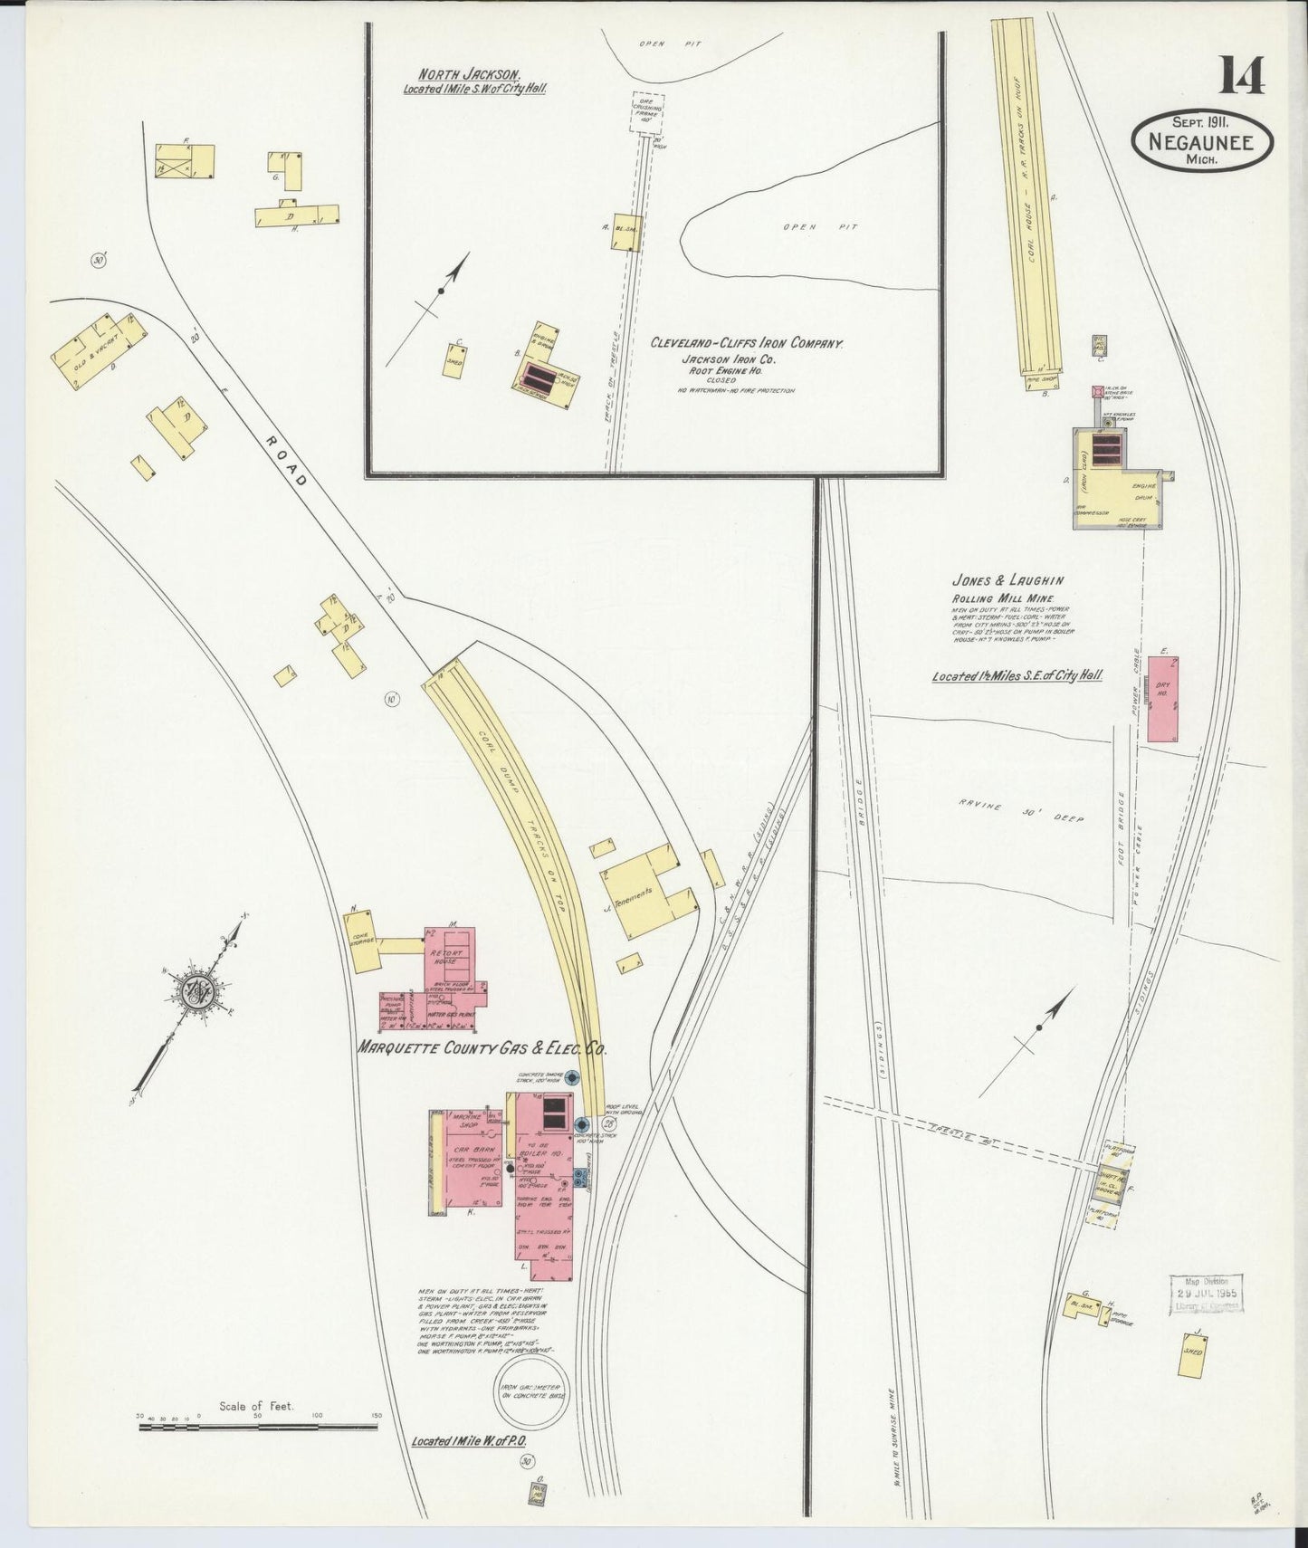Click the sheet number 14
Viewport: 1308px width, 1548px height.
1241,74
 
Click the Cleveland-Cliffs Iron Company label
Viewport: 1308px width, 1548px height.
747,343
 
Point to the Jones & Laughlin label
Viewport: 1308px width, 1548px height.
1007,580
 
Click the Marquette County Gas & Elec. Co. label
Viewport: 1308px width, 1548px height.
481,1048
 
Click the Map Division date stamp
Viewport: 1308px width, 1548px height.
1207,1294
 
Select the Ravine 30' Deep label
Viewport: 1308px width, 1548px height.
1020,811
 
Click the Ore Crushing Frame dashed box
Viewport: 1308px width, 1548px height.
647,112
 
